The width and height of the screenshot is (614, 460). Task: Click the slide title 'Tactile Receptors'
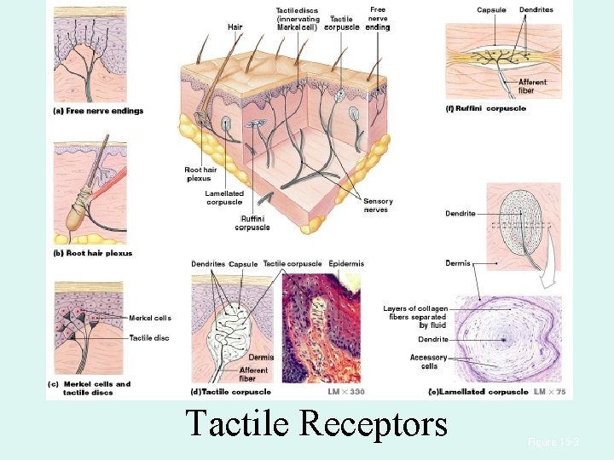pos(316,423)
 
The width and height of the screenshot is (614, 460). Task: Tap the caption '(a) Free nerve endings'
pos(98,111)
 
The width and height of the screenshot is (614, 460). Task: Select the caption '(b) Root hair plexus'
pos(94,253)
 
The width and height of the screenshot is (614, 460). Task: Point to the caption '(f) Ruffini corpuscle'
pos(486,108)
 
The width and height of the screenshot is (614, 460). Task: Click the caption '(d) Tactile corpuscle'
pos(231,392)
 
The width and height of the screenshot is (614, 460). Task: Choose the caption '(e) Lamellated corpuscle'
pos(477,392)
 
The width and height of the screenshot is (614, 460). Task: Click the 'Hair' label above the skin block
pos(235,27)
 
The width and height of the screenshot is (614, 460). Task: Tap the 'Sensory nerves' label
pos(378,205)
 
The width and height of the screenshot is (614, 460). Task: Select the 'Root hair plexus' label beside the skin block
pos(200,175)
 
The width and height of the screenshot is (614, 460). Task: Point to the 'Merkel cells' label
pos(150,318)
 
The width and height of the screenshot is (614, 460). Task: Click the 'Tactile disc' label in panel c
pos(149,338)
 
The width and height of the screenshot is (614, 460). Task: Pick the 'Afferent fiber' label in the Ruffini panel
pos(532,86)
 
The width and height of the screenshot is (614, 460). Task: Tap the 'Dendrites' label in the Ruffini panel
pos(536,10)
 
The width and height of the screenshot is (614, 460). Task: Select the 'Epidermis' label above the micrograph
pos(346,264)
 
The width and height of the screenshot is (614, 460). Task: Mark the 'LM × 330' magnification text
pos(345,392)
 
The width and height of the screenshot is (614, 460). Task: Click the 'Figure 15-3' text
pos(553,442)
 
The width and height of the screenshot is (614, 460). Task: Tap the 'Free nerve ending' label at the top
pos(378,19)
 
